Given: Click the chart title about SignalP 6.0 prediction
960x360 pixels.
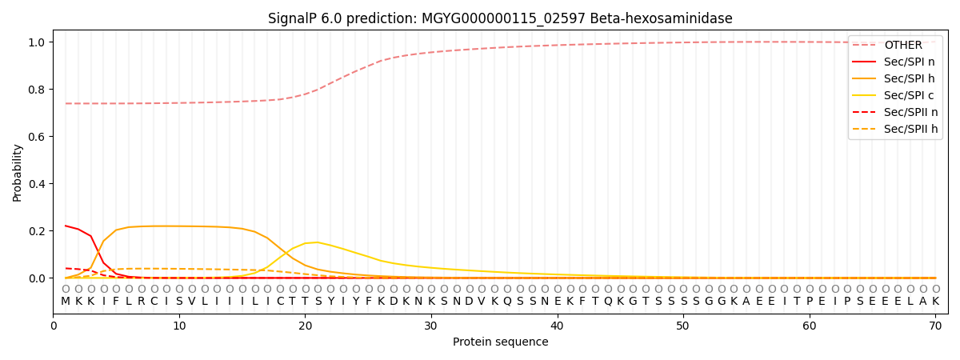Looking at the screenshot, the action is point(500,18).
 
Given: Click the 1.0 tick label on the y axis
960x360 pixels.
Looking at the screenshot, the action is point(37,42).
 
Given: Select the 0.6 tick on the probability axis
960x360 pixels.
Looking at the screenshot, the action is point(37,137).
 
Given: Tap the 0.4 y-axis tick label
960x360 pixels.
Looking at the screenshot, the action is point(37,184).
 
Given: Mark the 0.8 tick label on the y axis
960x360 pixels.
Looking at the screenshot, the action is point(37,90).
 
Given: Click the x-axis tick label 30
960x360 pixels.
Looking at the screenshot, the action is point(430,326).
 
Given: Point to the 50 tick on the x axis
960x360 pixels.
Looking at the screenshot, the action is point(682,326).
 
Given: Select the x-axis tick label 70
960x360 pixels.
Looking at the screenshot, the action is point(935,326).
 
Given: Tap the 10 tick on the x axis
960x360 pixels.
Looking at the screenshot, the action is point(178,326).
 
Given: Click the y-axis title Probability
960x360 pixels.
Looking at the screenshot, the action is point(17,173).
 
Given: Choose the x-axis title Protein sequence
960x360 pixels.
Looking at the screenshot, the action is point(501,342).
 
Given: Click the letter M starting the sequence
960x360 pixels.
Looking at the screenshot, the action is point(66,302).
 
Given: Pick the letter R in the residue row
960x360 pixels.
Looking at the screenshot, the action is point(141,302).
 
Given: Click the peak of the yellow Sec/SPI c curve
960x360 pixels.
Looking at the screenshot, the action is point(318,242).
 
